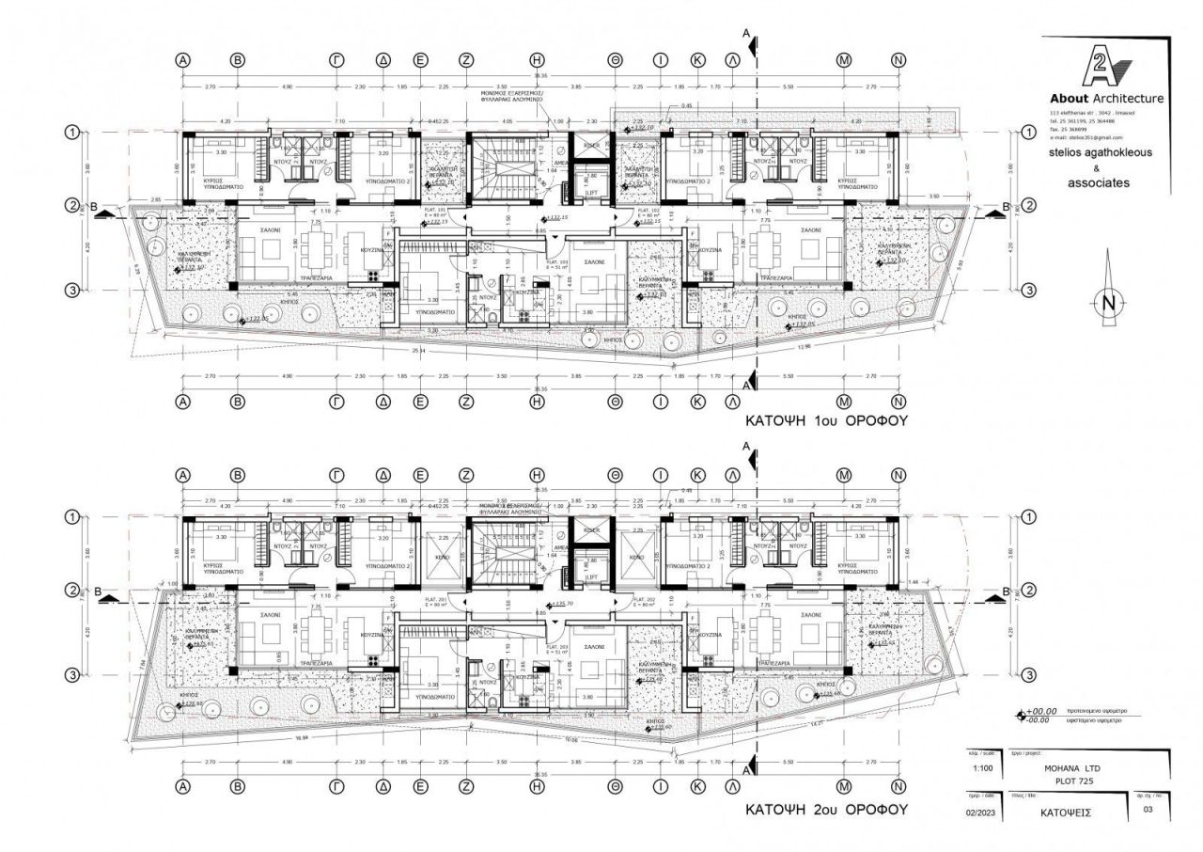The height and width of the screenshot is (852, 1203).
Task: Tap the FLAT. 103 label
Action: click(557, 262)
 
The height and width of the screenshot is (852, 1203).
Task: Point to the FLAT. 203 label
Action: click(557, 647)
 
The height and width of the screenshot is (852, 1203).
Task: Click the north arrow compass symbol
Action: click(1109, 303)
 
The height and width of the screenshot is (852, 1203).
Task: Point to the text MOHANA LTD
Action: click(1071, 768)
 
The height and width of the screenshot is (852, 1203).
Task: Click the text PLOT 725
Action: click(1071, 780)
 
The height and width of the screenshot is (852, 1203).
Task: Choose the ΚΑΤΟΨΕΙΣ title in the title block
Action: click(1069, 810)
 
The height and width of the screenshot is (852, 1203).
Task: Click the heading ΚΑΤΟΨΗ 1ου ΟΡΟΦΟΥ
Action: click(826, 421)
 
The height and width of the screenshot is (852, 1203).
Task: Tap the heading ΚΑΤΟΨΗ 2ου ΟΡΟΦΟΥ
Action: click(826, 809)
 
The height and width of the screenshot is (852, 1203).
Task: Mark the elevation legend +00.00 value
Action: click(1041, 711)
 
